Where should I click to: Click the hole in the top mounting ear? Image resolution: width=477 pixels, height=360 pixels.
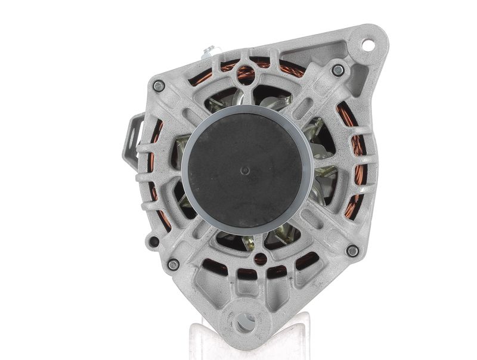pos(367,44)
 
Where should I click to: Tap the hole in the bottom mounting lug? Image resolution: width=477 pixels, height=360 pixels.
pos(243,322)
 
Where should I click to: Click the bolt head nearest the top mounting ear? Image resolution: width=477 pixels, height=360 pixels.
pos(338,70)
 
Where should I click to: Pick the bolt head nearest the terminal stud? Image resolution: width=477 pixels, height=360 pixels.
pos(159,86)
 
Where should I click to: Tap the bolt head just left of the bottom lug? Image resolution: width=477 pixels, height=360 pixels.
pos(174,264)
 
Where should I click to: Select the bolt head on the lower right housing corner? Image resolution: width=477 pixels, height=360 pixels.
pos(352,251)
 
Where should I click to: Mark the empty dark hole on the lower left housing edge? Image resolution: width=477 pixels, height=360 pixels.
pos(154,242)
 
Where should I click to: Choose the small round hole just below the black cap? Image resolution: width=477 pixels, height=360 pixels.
pos(260,259)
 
